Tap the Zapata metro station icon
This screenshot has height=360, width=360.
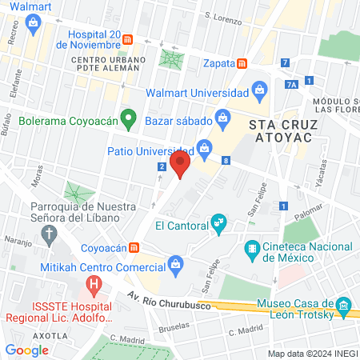(242, 63)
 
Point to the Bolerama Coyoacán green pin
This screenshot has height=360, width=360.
(126, 120)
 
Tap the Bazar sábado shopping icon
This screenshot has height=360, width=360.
(223, 120)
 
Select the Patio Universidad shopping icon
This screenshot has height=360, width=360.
(206, 147)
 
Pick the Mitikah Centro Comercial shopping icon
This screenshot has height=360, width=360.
(175, 262)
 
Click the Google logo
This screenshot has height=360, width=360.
(26, 350)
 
